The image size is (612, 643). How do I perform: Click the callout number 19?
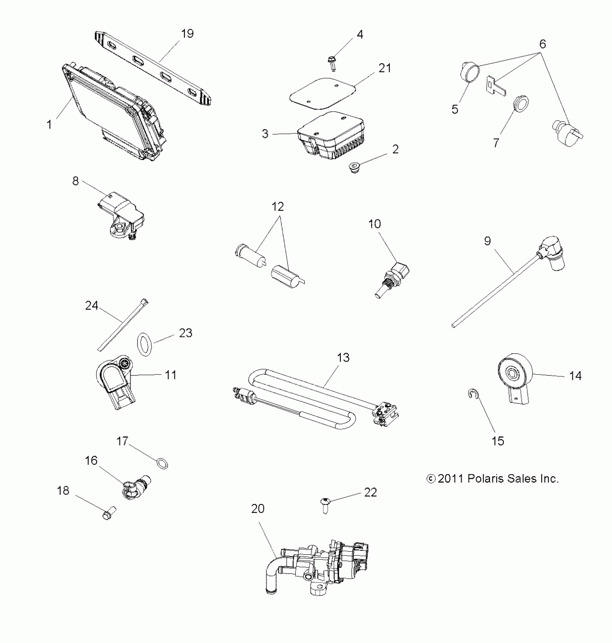187,33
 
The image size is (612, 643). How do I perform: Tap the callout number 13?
343,358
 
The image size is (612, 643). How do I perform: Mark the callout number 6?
543,44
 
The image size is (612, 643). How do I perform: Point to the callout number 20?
258,509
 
